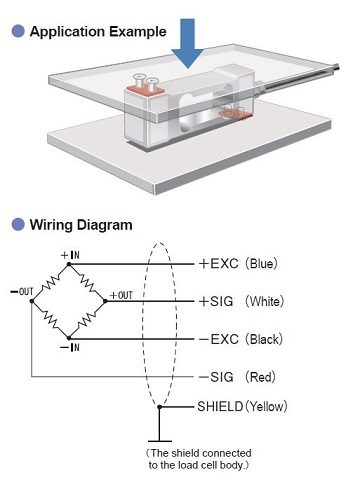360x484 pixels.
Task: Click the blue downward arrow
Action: tap(188, 43)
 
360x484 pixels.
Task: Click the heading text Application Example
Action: tap(98, 32)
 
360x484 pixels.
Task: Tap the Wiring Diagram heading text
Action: tap(81, 225)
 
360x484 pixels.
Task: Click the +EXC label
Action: tap(219, 264)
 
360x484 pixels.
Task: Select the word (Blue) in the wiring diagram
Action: tap(261, 264)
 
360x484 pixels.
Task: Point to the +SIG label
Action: tap(216, 301)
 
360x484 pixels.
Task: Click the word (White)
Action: tap(265, 301)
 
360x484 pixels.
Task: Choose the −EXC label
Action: tap(219, 339)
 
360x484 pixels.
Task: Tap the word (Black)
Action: tap(264, 339)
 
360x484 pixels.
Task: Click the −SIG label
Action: tap(216, 377)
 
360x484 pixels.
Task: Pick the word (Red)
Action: tap(260, 377)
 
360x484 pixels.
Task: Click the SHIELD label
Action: tap(220, 406)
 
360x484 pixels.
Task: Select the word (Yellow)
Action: tap(266, 406)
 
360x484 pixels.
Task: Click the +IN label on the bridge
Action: tap(70, 255)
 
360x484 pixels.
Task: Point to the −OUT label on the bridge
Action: tap(22, 292)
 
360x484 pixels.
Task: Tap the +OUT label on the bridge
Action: tap(121, 295)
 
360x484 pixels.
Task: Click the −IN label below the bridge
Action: tap(70, 348)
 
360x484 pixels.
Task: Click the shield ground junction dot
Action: tap(159, 407)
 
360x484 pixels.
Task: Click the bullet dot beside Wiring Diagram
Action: tap(18, 225)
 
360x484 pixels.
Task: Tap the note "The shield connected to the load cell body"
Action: tap(199, 459)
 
